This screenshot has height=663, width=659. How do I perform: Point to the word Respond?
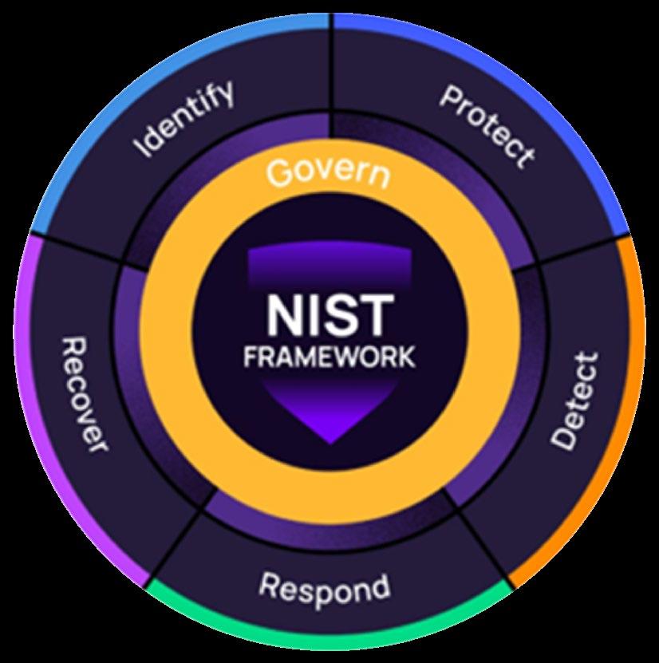click(x=325, y=588)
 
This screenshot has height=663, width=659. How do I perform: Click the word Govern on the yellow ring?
click(x=328, y=172)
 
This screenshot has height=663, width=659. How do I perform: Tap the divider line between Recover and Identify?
click(x=80, y=247)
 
